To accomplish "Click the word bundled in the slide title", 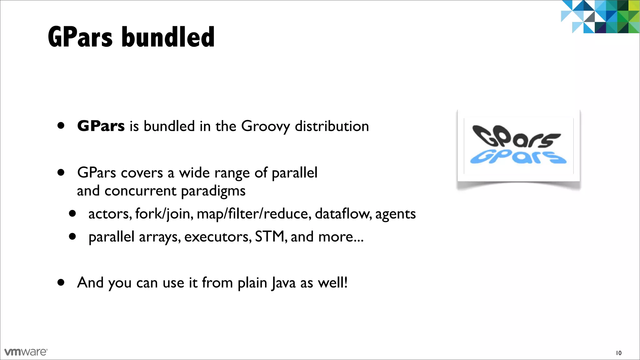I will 168,37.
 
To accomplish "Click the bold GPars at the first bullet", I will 101,126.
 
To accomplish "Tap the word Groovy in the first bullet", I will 266,127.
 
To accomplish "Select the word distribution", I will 332,126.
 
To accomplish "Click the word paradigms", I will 213,191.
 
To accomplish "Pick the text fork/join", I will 164,214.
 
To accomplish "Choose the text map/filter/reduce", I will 254,214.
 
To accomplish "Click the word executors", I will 218,237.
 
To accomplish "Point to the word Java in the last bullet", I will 283,283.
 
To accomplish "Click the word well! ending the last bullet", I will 332,282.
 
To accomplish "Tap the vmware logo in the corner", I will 26,352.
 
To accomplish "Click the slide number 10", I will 618,353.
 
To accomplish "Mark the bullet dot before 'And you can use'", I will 61,282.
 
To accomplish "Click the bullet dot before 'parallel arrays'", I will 72,237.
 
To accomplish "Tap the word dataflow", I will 343,214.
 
